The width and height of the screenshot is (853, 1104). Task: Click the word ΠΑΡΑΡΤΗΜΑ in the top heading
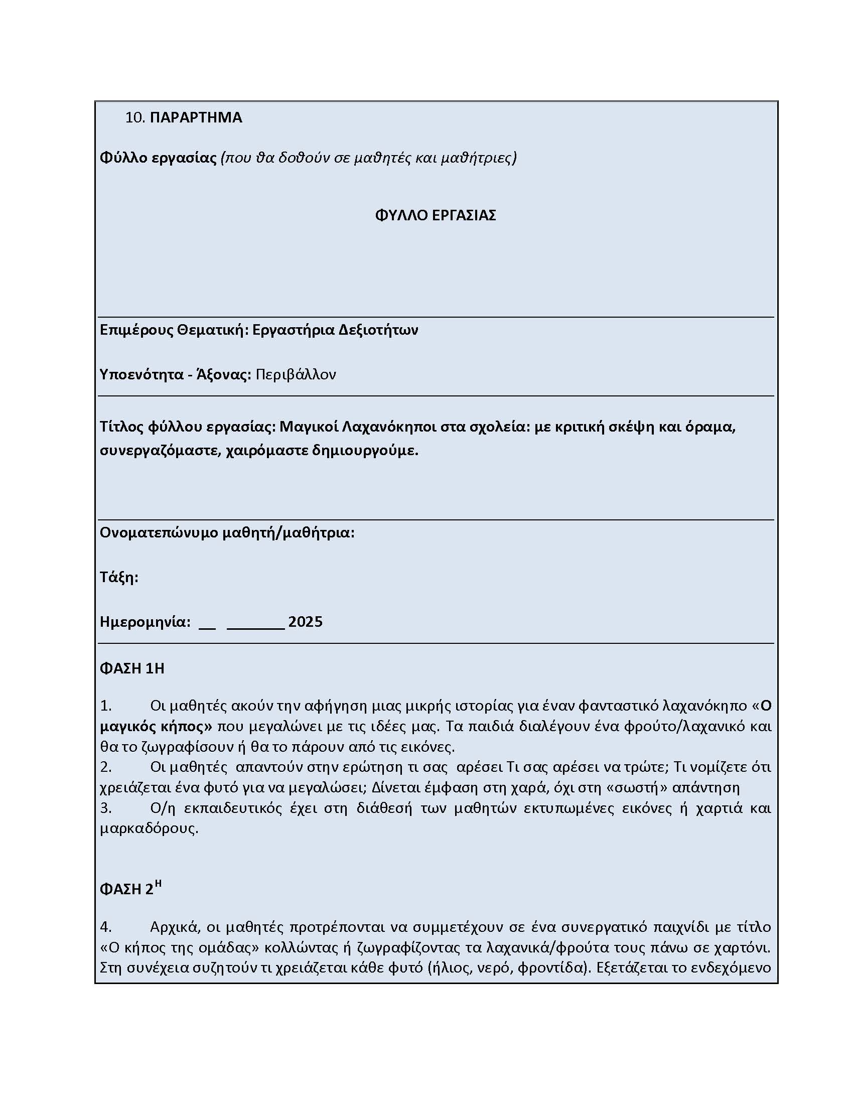[x=196, y=117]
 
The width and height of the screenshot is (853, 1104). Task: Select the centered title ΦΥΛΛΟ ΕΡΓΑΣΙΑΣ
[x=435, y=215]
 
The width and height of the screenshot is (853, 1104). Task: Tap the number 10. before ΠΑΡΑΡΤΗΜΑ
[x=135, y=117]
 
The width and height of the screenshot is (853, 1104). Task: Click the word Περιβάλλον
[x=296, y=374]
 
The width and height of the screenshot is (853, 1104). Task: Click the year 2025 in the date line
[x=305, y=622]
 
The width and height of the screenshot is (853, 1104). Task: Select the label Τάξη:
[x=119, y=577]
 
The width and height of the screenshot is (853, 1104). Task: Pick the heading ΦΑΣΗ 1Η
[x=132, y=669]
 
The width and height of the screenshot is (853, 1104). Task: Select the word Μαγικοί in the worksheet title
[x=309, y=427]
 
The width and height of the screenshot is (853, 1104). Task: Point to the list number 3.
[x=105, y=808]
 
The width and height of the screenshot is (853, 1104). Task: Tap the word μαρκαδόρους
[x=149, y=829]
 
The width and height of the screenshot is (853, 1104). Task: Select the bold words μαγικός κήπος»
[x=156, y=727]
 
